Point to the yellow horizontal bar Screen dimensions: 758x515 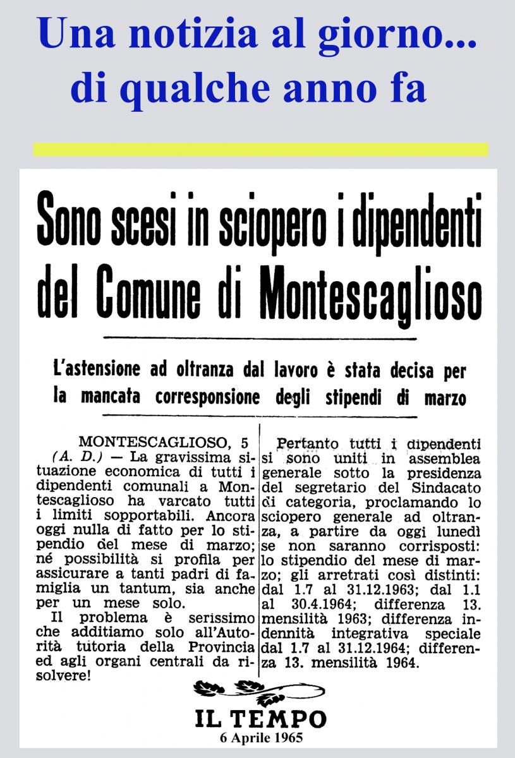260,150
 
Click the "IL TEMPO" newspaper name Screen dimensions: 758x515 260,719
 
